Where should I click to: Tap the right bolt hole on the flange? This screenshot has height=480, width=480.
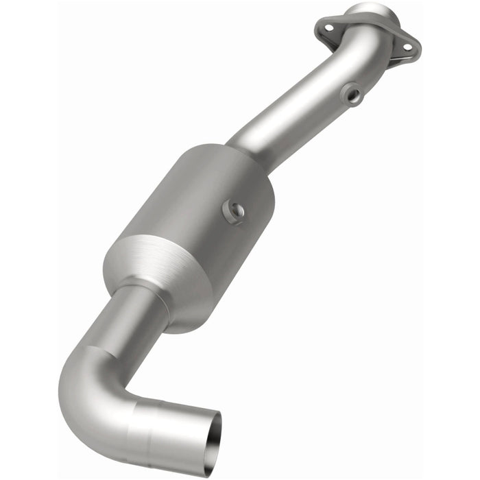point(407,46)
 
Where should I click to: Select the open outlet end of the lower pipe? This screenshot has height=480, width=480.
point(204,439)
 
